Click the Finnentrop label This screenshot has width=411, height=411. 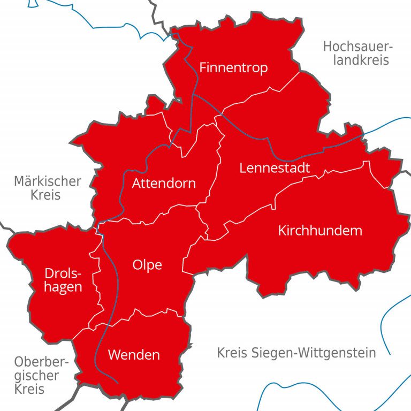233,68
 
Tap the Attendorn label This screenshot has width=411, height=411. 164,184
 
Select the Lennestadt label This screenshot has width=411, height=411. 275,168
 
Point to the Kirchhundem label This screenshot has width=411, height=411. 320,231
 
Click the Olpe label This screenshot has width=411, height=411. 147,265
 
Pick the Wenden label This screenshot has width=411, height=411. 134,354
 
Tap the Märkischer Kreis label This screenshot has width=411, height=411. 48,187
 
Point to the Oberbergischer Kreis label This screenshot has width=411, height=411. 41,375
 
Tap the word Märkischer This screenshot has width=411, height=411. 48,181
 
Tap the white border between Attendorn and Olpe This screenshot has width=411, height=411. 161,214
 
